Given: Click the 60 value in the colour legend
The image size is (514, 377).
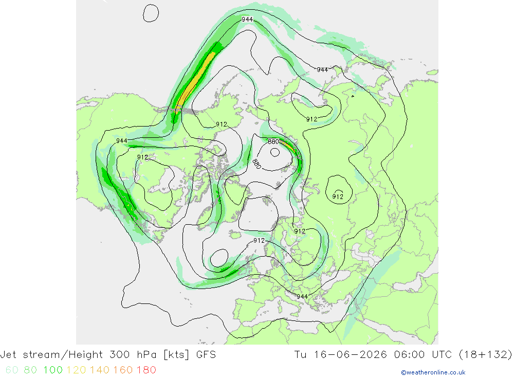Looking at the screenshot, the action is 12,370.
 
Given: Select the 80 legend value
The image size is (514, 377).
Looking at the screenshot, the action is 30,370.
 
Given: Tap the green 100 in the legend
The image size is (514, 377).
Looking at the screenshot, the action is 53,370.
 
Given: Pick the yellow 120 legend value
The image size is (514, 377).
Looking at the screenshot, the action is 76,370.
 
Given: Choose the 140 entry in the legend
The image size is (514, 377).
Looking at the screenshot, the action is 100,370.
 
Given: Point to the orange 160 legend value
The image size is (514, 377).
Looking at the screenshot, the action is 123,370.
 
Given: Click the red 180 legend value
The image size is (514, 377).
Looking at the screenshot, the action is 146,370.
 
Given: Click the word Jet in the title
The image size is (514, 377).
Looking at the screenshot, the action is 9,355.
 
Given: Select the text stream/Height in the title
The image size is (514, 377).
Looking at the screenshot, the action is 63,355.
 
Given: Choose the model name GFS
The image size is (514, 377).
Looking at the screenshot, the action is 206,355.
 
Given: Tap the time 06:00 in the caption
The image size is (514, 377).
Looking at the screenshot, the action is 410,355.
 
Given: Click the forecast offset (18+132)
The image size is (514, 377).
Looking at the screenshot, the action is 485,355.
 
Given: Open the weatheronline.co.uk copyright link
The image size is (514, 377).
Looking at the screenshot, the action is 433,372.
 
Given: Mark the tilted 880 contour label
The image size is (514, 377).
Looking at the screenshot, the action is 256,164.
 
